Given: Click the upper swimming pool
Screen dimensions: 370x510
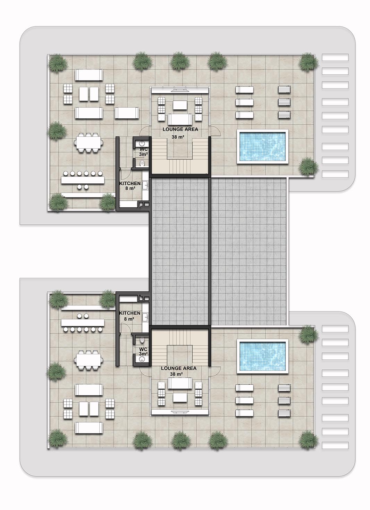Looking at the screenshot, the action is (262, 147).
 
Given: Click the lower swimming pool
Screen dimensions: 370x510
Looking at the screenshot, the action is (262, 356).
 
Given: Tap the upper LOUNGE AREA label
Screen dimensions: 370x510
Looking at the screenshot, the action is (180, 129).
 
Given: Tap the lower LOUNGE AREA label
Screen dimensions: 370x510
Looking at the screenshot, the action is (179, 368).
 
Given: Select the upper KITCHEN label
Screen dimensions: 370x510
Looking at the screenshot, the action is (130, 183).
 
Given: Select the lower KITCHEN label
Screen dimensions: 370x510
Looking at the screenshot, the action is (130, 313).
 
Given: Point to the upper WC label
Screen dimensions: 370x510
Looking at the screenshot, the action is (144, 149).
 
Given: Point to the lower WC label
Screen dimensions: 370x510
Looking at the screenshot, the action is (143, 349).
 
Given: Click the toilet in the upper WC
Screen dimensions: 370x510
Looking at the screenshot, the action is (142, 163).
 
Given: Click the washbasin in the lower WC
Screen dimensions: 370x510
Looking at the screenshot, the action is (142, 359).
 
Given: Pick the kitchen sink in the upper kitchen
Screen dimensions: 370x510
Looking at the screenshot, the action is (145, 185).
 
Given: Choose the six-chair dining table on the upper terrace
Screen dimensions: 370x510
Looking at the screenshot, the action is (89, 143).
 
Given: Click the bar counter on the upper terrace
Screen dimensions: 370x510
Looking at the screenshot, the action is (83, 180).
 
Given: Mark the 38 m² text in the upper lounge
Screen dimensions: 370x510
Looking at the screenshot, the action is (178, 137).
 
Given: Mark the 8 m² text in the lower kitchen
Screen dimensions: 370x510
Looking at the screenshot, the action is (129, 319).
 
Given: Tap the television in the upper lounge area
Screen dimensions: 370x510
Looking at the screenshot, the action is (180, 91).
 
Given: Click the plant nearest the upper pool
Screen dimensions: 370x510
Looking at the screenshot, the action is (308, 166).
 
